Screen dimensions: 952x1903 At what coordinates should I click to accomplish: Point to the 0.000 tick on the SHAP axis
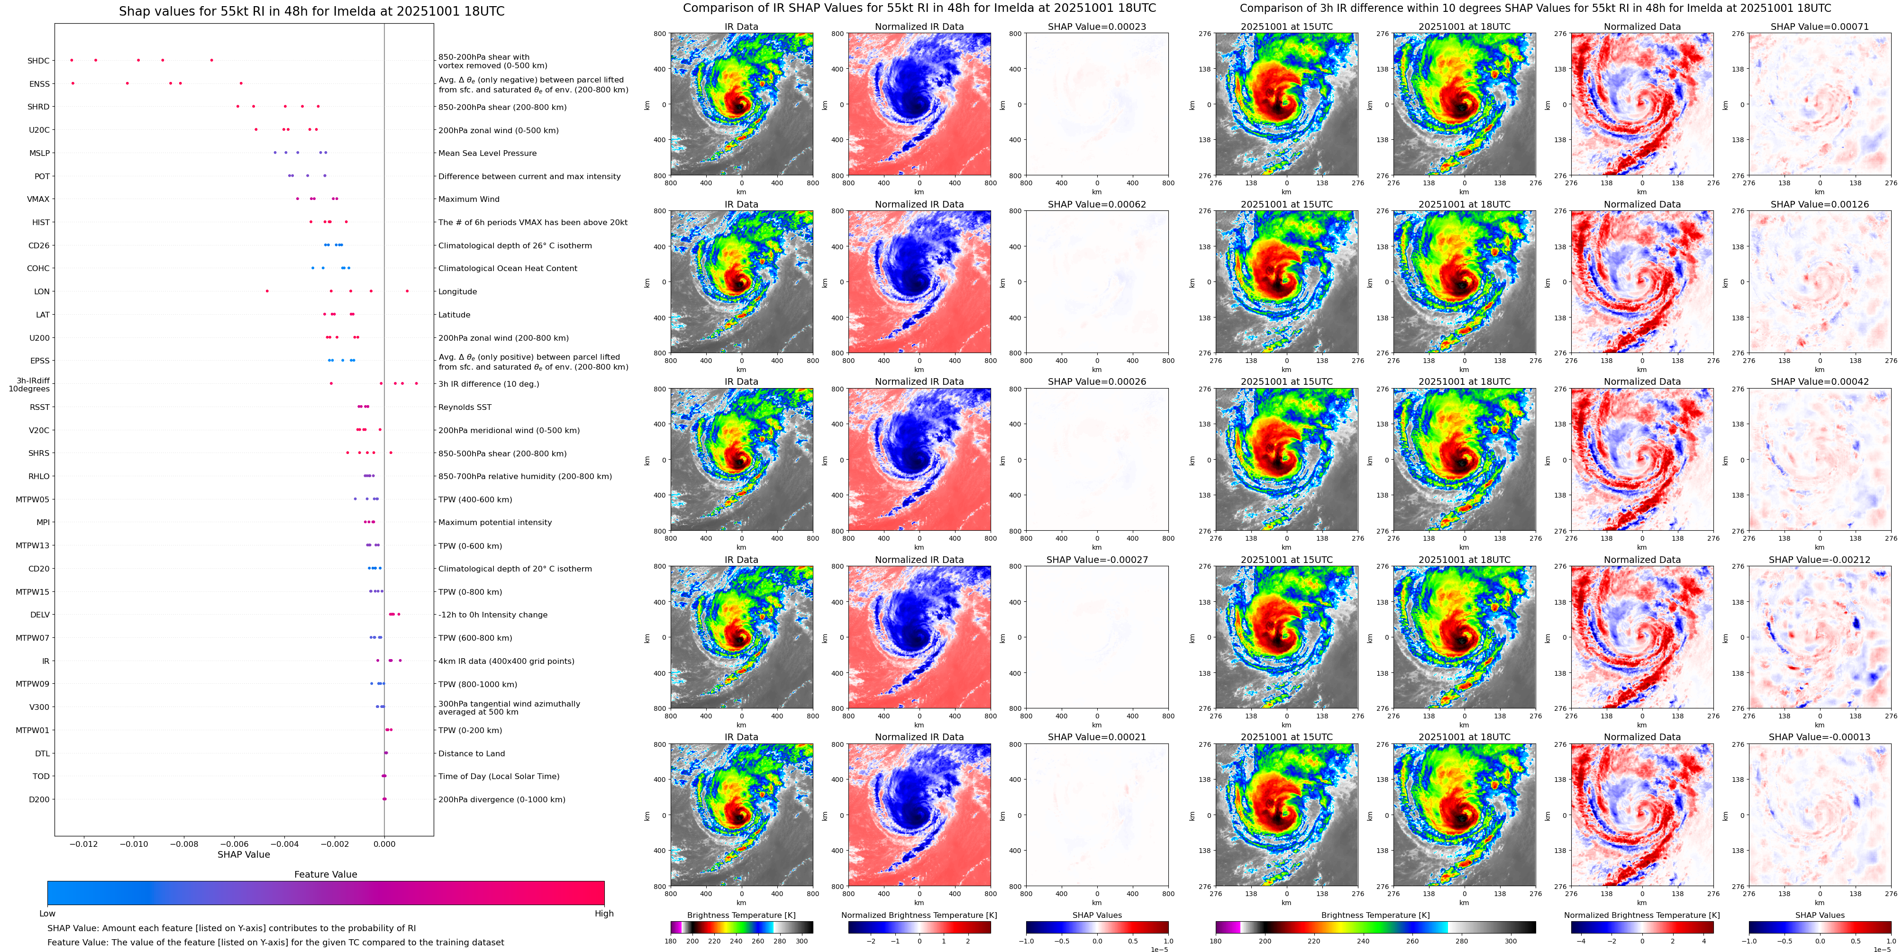(x=384, y=843)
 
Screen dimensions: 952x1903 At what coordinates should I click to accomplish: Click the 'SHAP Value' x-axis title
(x=244, y=854)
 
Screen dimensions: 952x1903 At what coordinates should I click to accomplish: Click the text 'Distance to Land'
(x=471, y=753)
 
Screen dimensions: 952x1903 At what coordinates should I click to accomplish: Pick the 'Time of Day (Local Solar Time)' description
(x=499, y=776)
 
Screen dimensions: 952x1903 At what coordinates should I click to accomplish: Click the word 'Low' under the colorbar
(x=47, y=914)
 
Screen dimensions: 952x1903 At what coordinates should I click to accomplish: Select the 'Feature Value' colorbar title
(x=325, y=874)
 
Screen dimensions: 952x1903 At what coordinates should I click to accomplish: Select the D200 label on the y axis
(x=39, y=799)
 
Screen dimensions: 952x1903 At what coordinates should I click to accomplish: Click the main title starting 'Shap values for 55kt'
(x=312, y=11)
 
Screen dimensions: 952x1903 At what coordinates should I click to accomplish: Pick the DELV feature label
(x=40, y=615)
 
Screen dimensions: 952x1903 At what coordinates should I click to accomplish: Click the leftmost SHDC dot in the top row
(x=72, y=60)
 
